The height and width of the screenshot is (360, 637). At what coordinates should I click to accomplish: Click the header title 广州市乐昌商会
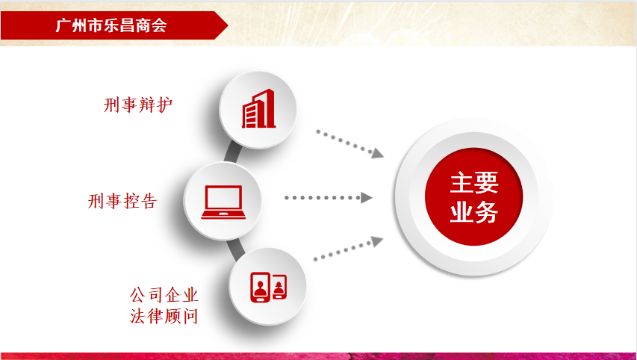click(x=111, y=25)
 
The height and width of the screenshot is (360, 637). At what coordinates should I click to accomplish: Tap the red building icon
click(x=259, y=108)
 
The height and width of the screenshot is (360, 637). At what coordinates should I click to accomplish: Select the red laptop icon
click(x=223, y=202)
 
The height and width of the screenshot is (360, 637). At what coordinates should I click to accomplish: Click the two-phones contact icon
click(x=268, y=287)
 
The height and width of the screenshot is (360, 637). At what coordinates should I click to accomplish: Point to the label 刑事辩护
click(x=138, y=105)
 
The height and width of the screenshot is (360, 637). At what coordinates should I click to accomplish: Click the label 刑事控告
click(x=122, y=201)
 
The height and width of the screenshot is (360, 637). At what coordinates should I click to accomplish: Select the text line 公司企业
click(x=164, y=295)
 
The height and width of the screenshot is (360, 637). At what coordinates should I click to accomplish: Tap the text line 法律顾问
click(x=164, y=316)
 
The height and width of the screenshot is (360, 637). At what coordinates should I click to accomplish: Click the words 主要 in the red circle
click(x=474, y=182)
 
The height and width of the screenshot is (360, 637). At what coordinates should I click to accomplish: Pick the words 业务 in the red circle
click(x=474, y=211)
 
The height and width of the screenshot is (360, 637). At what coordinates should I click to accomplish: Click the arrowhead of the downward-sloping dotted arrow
click(x=378, y=154)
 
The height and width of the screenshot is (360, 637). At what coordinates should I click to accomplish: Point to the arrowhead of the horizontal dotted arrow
click(x=367, y=198)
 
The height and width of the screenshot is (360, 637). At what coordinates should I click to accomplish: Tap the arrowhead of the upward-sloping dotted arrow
click(x=377, y=241)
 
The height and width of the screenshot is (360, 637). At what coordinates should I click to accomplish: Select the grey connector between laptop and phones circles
click(x=237, y=249)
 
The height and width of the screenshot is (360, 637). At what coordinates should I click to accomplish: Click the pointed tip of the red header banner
click(x=228, y=25)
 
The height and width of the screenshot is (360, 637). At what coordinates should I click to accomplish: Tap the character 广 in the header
click(x=63, y=25)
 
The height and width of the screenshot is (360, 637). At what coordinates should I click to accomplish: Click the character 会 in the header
click(x=159, y=25)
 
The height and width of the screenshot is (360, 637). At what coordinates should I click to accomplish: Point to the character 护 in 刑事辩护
click(x=164, y=105)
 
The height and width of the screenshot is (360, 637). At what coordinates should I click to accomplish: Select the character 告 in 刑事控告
click(x=149, y=201)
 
